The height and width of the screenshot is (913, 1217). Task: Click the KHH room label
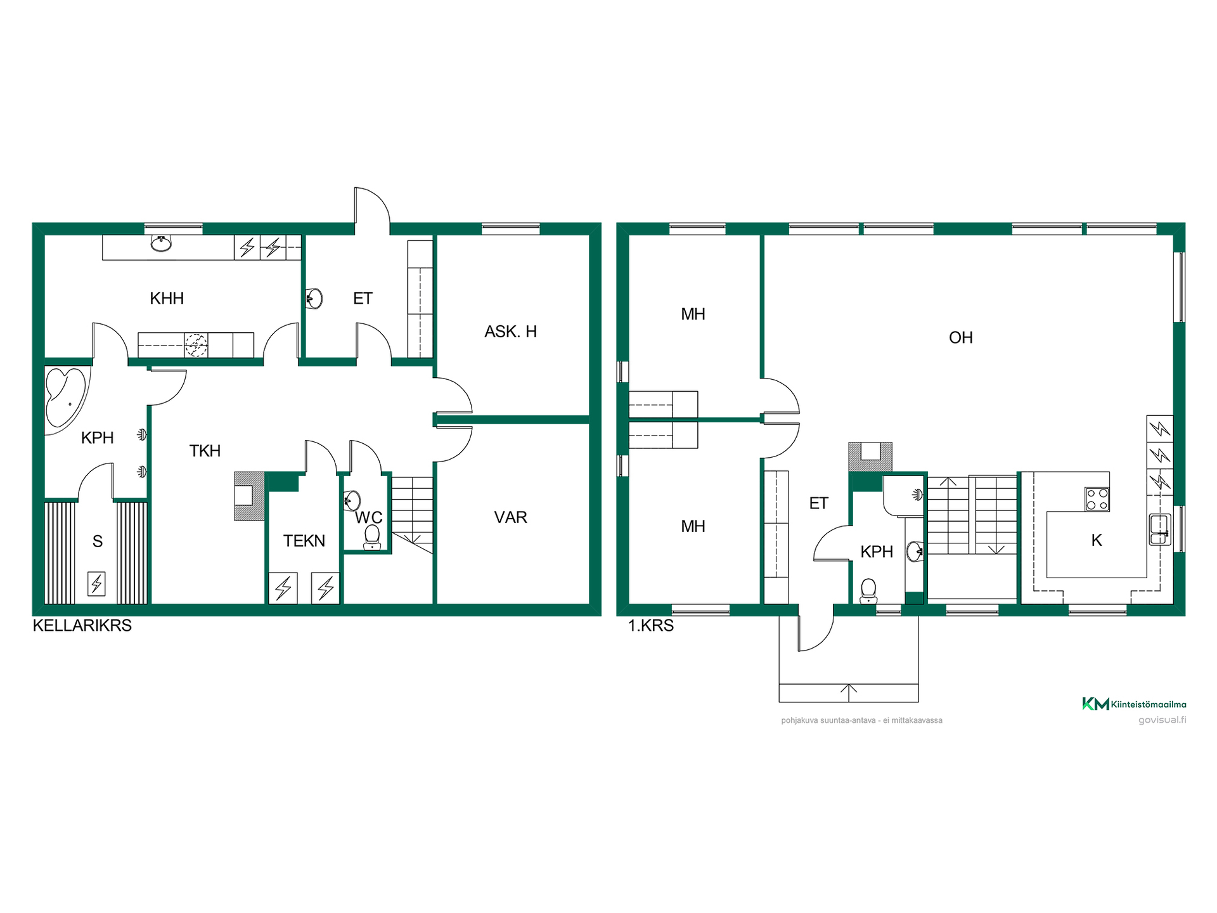click(x=167, y=299)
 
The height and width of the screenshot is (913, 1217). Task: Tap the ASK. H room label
click(x=510, y=332)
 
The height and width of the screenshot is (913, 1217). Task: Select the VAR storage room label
click(x=510, y=517)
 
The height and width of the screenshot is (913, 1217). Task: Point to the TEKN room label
click(x=304, y=541)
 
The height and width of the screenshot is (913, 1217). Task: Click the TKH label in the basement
click(x=205, y=451)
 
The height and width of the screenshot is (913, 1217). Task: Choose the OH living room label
click(x=960, y=338)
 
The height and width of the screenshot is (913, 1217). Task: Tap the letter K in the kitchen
click(x=1097, y=540)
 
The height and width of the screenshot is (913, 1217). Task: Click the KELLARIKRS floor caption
click(x=82, y=625)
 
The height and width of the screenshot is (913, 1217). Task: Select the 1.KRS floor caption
click(x=650, y=626)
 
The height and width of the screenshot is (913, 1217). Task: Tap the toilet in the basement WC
click(x=372, y=536)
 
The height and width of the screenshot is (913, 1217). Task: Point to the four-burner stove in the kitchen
click(x=1097, y=498)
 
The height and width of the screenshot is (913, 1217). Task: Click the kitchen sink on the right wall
click(x=1159, y=529)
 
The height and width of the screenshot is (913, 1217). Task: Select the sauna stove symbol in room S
click(x=96, y=583)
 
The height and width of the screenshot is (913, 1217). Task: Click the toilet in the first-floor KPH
click(x=868, y=590)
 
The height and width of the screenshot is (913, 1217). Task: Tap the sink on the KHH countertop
click(x=161, y=243)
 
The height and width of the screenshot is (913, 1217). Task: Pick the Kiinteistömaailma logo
click(x=1134, y=704)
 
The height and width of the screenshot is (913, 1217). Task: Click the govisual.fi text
click(x=1162, y=720)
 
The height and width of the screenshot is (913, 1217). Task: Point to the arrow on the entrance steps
click(x=849, y=693)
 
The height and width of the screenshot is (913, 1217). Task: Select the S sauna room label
click(x=97, y=541)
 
